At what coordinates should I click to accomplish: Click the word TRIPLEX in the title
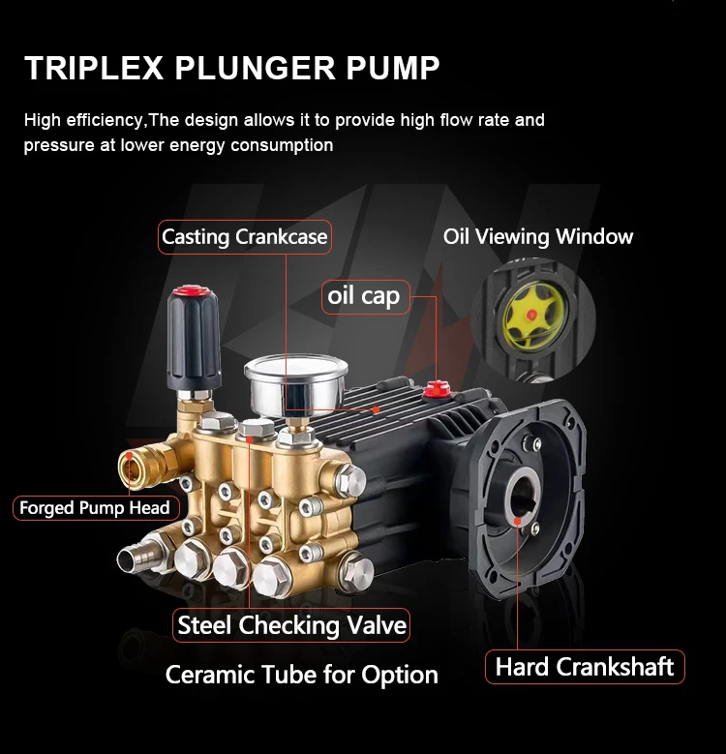click(94, 68)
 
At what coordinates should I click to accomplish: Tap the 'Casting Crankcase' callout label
click(245, 236)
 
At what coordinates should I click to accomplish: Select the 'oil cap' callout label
click(365, 297)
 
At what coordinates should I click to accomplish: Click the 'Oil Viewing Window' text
click(538, 236)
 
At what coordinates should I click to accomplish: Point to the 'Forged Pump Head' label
click(96, 508)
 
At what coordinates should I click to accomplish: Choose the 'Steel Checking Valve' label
click(291, 625)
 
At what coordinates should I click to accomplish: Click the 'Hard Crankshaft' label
click(585, 667)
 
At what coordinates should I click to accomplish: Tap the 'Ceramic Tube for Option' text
click(301, 675)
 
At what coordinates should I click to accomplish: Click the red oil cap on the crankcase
click(437, 388)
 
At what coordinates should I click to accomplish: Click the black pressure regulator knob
click(194, 339)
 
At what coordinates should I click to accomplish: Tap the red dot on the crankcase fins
click(376, 409)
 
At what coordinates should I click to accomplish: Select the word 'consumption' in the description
click(282, 145)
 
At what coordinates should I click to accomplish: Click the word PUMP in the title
click(392, 68)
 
